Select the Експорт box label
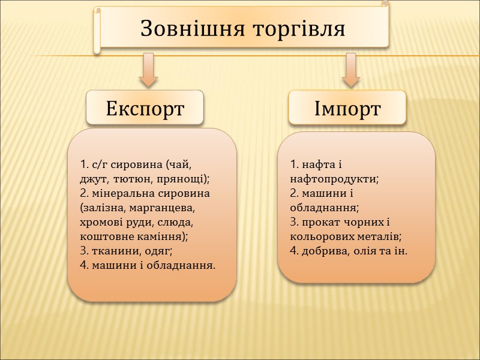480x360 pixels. (x=145, y=109)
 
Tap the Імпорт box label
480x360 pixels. (x=347, y=109)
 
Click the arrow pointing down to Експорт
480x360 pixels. (x=148, y=68)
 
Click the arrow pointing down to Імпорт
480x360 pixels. (x=350, y=68)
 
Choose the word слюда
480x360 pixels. (x=177, y=222)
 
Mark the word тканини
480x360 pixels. (x=110, y=251)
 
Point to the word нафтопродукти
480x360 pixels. (x=333, y=179)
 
